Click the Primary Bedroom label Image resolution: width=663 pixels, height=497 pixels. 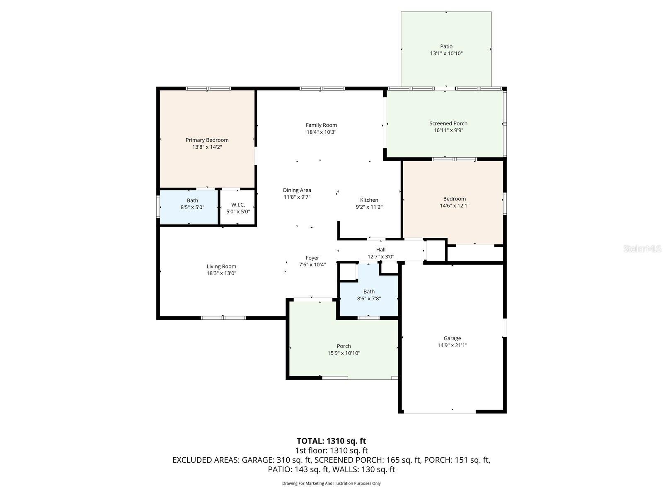(207, 140)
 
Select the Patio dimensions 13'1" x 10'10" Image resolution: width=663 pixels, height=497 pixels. (446, 53)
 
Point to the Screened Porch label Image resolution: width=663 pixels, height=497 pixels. (448, 123)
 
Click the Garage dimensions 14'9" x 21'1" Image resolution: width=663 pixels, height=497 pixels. (452, 345)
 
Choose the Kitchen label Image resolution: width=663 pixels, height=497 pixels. (369, 200)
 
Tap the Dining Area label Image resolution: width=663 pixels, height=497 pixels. (297, 191)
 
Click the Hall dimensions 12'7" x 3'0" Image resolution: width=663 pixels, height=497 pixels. (380, 256)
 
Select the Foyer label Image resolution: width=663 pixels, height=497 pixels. (312, 258)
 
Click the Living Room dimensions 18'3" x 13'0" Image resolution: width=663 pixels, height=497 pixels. (221, 273)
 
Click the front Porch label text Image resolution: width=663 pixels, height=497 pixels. (344, 346)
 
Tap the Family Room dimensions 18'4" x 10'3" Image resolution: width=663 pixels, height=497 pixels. (321, 132)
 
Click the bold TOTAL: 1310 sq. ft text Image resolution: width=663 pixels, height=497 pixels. (331, 441)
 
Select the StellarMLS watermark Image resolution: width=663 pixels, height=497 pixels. (642, 248)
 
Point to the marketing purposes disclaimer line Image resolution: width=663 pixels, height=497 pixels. (331, 483)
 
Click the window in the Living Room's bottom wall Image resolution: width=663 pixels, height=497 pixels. (223, 318)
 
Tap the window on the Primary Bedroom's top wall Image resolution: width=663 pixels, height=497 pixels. (208, 88)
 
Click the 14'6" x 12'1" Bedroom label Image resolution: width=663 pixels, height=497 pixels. (454, 199)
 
